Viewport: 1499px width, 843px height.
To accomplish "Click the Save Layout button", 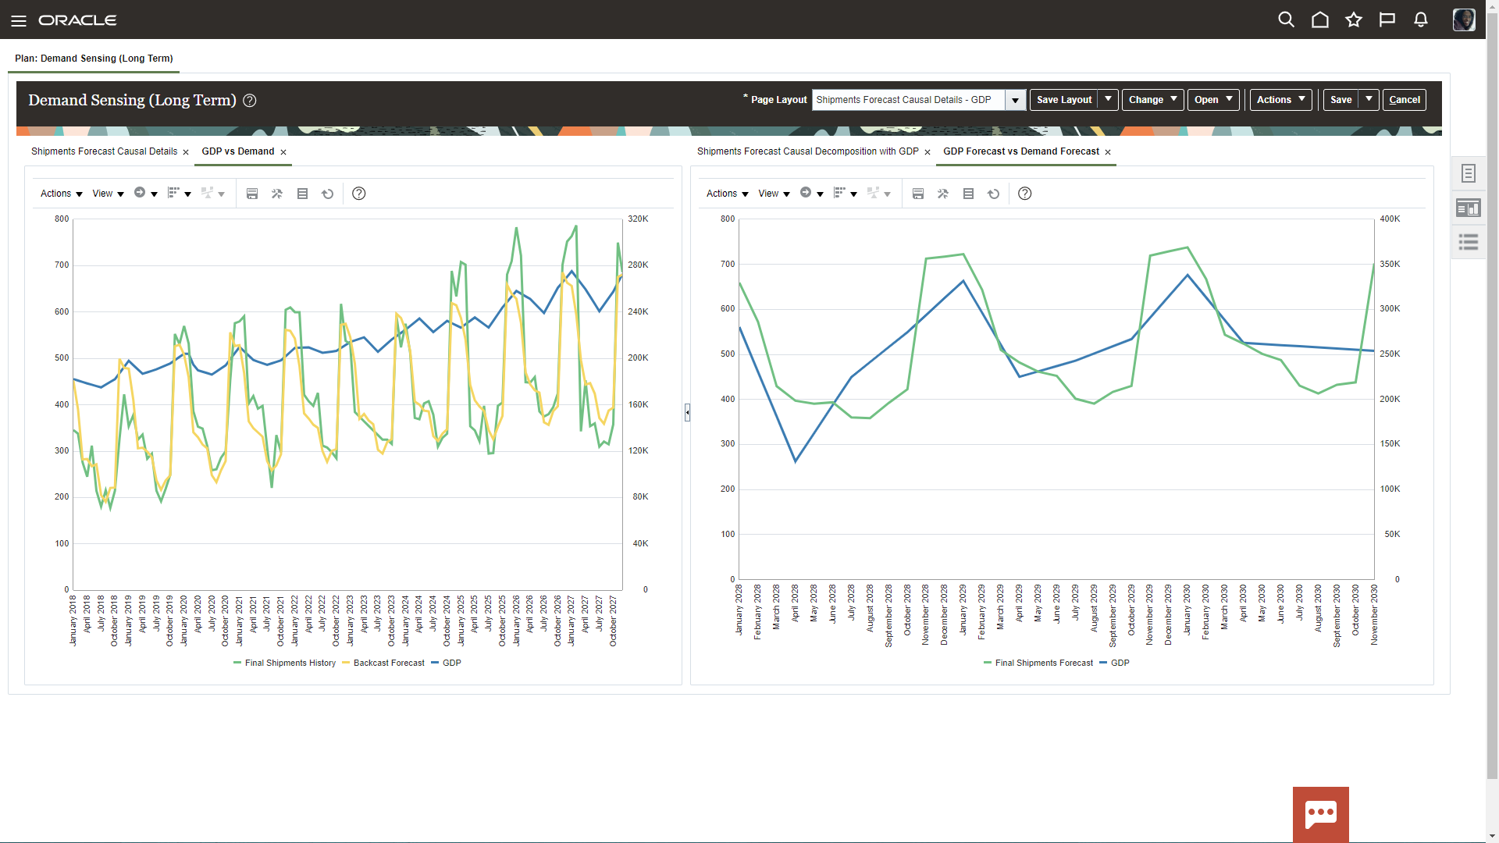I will coord(1063,100).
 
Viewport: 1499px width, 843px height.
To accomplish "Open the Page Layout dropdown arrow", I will coord(1015,100).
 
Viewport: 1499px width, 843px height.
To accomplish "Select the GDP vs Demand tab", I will coord(237,151).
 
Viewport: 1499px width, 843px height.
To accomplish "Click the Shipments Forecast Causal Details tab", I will coord(104,151).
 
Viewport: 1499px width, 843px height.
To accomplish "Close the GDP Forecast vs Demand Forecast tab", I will coord(1108,152).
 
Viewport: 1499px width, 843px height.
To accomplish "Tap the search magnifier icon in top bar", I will coord(1286,20).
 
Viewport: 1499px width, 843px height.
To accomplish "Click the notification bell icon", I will coord(1421,20).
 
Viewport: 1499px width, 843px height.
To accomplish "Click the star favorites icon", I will coord(1354,20).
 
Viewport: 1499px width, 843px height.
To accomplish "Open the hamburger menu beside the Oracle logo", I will coord(19,20).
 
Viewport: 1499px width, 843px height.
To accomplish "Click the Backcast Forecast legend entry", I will coord(388,663).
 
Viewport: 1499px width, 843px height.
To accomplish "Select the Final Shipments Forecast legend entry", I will coord(1043,663).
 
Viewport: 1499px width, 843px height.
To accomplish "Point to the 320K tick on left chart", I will coord(638,219).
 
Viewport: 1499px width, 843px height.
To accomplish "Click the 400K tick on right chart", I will coord(1390,219).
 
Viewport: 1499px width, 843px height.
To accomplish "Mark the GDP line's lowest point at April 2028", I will coord(796,461).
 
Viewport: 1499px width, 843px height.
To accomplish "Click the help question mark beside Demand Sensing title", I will coord(250,101).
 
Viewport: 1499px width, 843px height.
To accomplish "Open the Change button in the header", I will coord(1152,100).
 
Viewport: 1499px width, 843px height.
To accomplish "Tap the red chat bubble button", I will coord(1320,813).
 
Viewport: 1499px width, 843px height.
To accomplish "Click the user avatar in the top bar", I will coord(1463,20).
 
